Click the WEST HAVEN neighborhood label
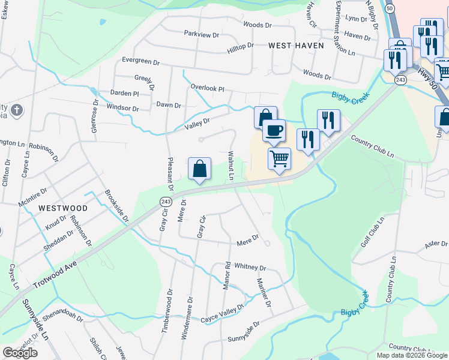tap(296, 46)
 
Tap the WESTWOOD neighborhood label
tap(63, 208)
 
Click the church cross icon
tap(17, 110)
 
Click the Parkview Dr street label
tap(202, 35)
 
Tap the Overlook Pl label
tap(207, 88)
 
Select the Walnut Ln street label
tap(230, 165)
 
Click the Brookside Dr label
tap(116, 206)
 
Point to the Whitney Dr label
tap(250, 266)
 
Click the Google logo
tap(20, 353)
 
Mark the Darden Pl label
tap(124, 94)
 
